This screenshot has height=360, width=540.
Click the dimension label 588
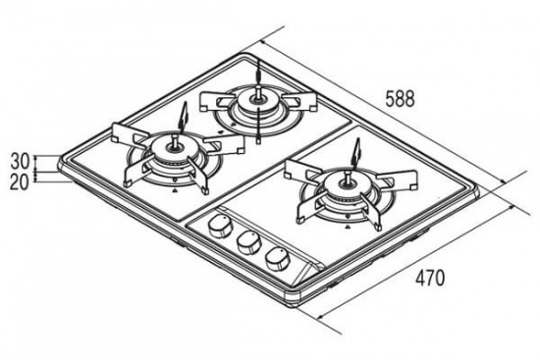pos(400,99)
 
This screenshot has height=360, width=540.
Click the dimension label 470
pos(430,278)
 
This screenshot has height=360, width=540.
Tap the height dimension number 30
pos(21,161)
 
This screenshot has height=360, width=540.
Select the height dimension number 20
pos(20,182)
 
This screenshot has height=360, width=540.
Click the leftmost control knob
pos(219,226)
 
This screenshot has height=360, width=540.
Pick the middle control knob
pos(248,241)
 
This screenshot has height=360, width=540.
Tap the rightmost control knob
pos(277,260)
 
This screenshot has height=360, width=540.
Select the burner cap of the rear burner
pos(257,100)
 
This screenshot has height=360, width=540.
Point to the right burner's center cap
pos(348,185)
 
